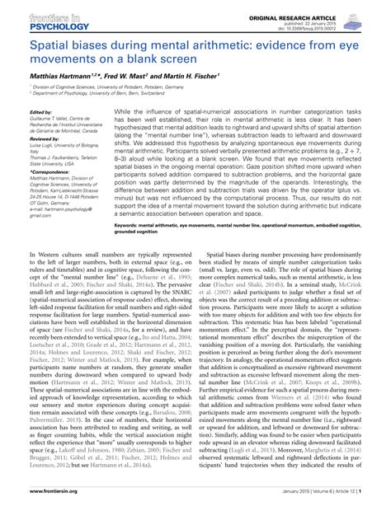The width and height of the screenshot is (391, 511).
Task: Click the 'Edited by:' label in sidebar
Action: (x=39, y=111)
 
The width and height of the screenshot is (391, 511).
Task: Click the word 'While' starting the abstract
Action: (x=123, y=110)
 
